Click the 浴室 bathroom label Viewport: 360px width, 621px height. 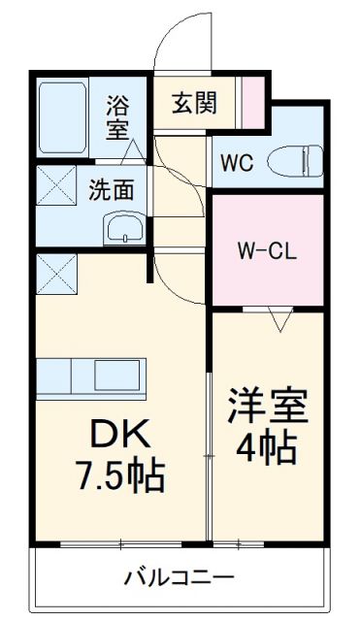(116, 116)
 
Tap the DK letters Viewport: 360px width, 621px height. (119, 432)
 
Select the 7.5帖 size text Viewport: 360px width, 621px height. (119, 475)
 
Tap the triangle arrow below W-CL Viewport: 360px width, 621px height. (281, 319)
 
